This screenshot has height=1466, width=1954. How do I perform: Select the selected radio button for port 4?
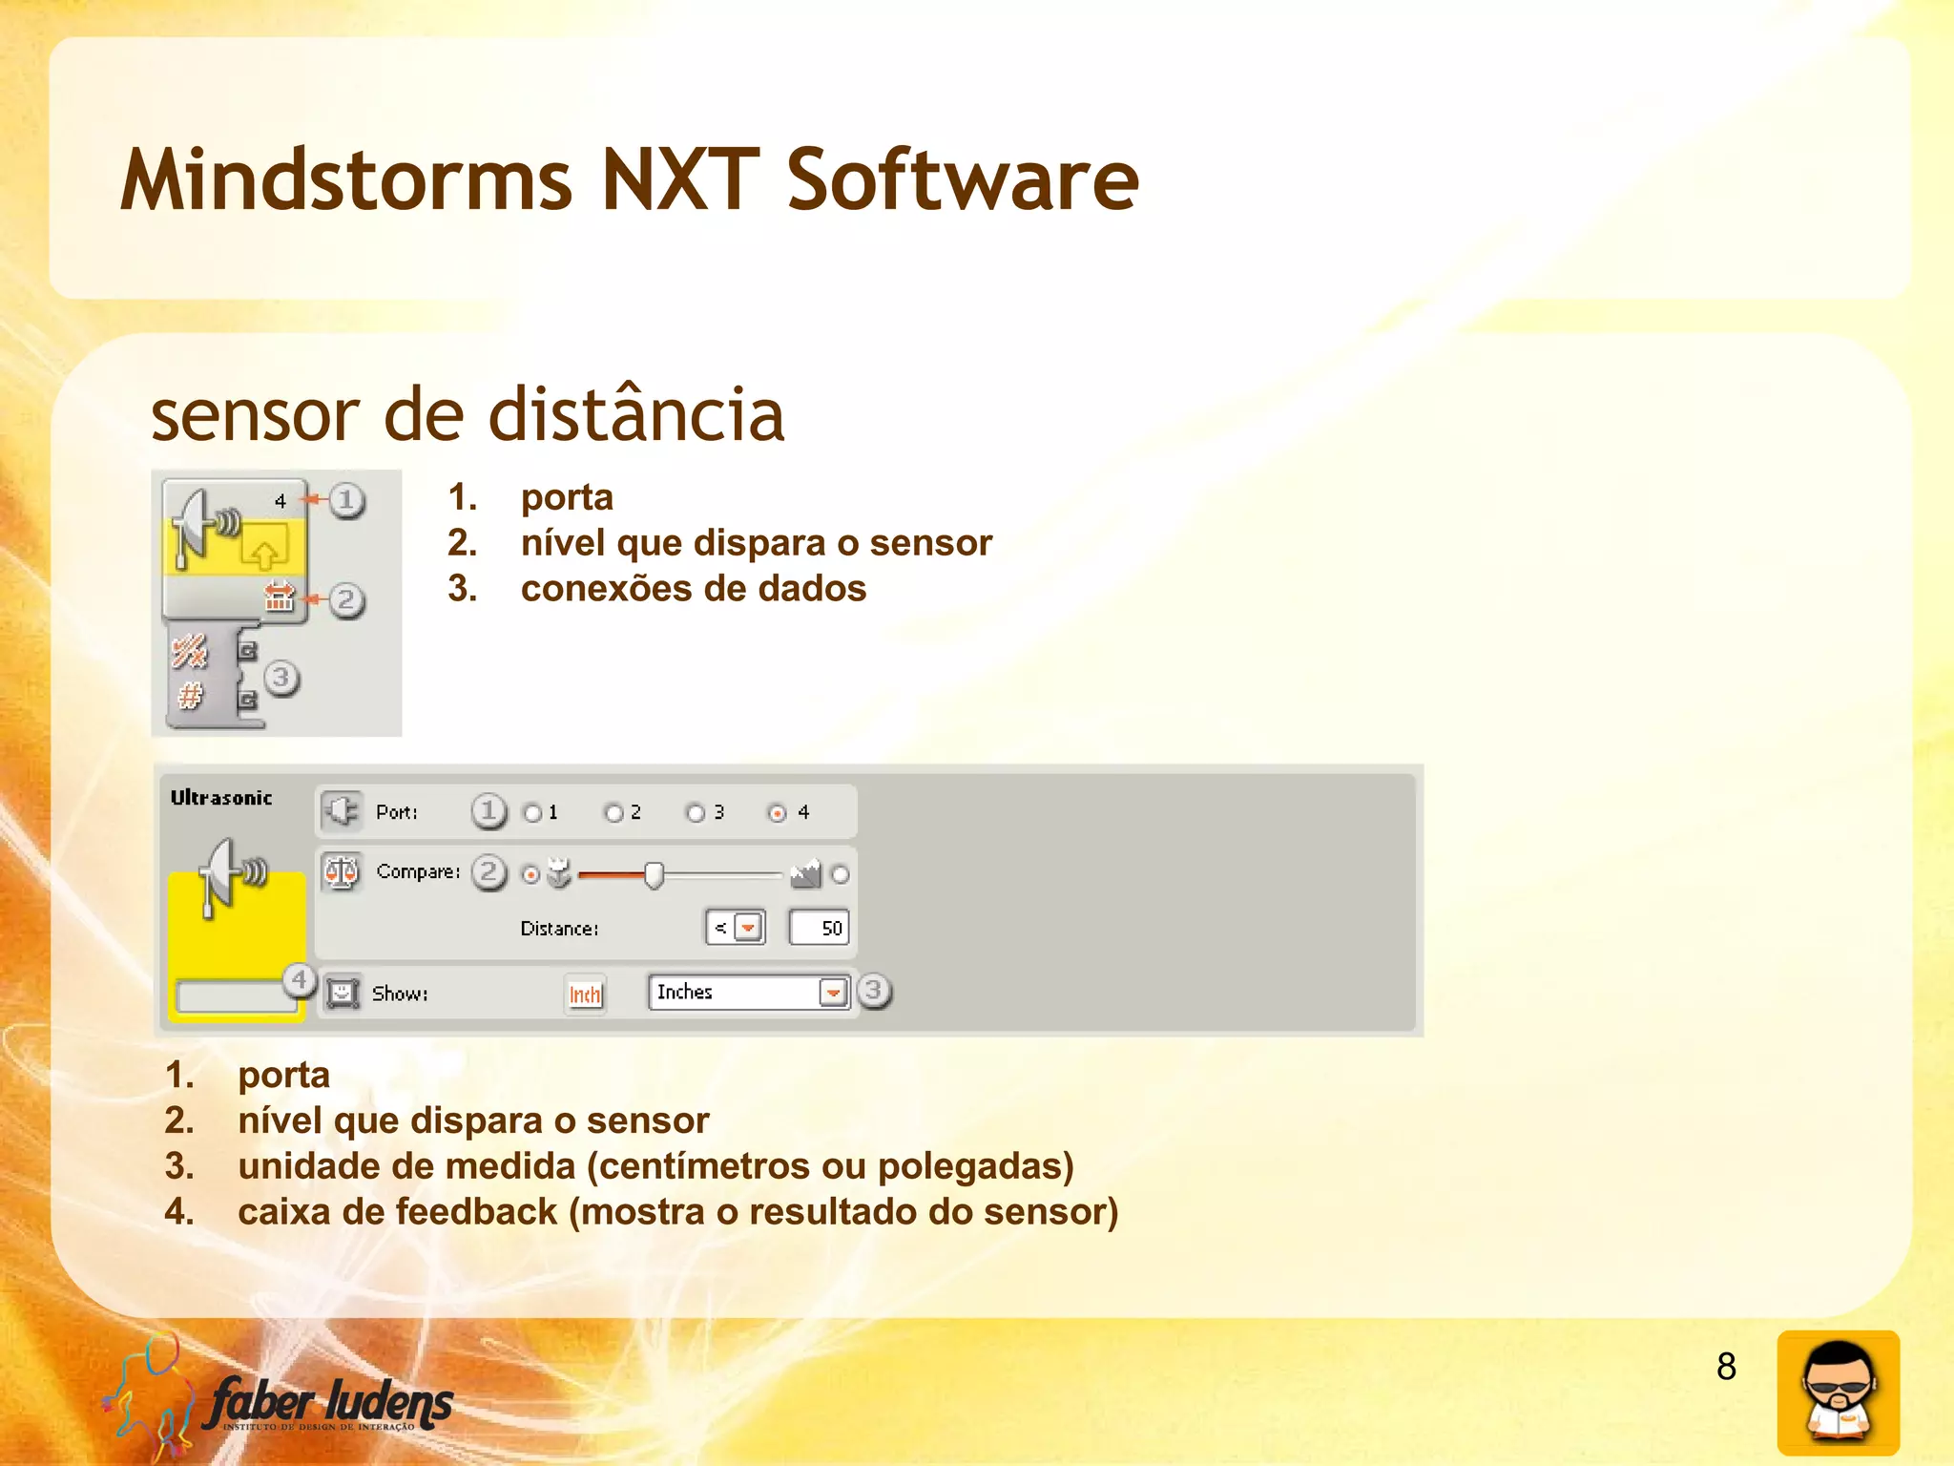(x=778, y=813)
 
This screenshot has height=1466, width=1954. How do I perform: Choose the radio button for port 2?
(x=613, y=813)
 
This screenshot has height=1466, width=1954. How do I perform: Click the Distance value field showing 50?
(x=819, y=928)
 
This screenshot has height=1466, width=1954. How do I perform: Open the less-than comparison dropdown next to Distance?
(x=748, y=928)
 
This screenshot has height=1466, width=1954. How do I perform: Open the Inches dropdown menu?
(x=833, y=993)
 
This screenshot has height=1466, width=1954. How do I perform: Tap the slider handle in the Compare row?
(x=654, y=874)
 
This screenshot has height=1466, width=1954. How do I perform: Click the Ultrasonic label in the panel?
(x=221, y=798)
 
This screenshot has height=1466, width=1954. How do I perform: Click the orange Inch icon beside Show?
(x=585, y=995)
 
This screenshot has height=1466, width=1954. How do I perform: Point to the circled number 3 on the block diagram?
(x=281, y=678)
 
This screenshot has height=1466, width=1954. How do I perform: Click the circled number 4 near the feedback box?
(x=299, y=979)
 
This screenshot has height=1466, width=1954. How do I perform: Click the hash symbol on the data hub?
(x=190, y=697)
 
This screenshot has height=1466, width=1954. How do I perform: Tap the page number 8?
(x=1726, y=1367)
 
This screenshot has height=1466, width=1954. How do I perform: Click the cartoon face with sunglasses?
(x=1838, y=1392)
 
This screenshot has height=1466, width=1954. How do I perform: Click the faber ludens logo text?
(x=330, y=1403)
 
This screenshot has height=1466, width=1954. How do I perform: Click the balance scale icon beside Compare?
(x=341, y=871)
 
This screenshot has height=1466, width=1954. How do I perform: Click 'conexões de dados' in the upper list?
(x=694, y=589)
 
